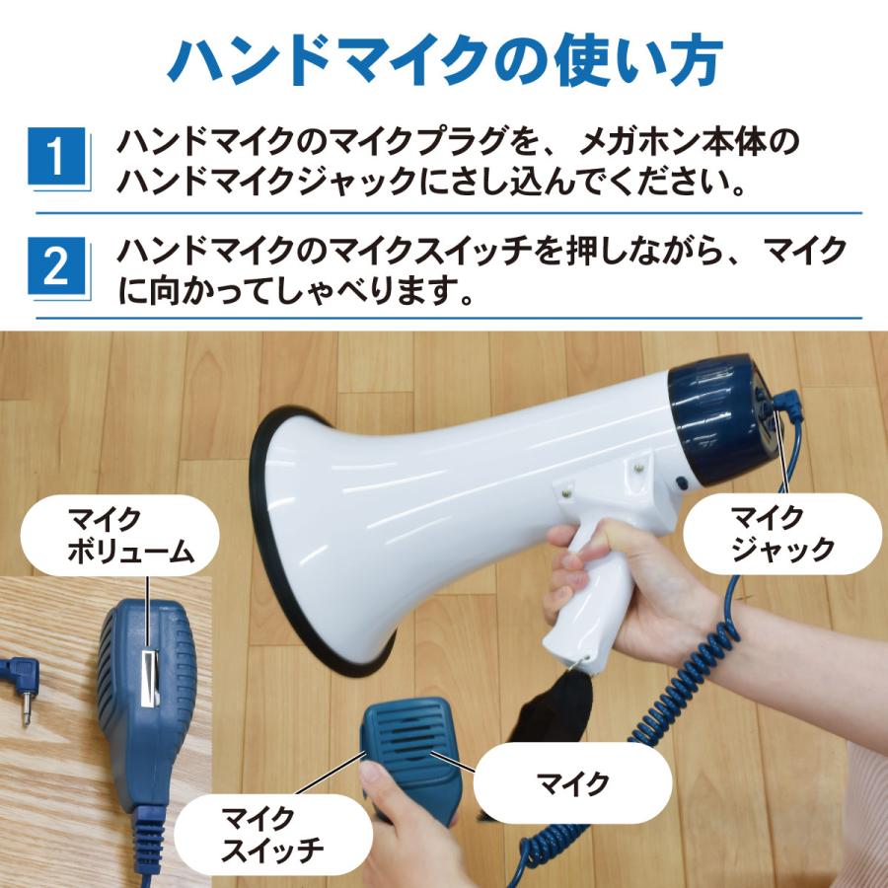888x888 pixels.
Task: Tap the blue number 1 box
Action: coord(61,157)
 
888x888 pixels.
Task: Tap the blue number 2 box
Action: coord(61,266)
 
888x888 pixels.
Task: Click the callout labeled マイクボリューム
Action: coord(118,535)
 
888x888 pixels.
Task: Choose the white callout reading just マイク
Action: coord(572,784)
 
